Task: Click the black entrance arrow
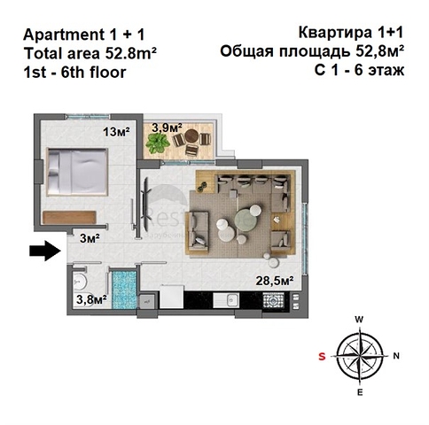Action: pos(45,251)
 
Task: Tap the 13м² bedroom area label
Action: pos(116,131)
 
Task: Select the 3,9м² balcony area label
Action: pos(167,127)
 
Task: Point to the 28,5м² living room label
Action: pos(275,281)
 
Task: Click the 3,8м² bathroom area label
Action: pos(91,299)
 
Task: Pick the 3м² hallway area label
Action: pos(90,238)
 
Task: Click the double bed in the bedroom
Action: pos(77,172)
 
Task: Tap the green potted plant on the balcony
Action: pos(158,143)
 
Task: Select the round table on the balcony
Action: pos(192,136)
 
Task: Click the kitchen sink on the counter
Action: pos(230,300)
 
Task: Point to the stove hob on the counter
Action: pos(273,301)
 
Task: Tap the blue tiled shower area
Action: pos(125,290)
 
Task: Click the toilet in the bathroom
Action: pos(79,282)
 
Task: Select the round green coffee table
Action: pos(245,220)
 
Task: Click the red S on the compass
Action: pos(322,357)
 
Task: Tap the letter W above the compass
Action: pos(359,320)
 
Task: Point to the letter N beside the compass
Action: pos(396,356)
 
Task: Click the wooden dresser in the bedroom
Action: pos(69,217)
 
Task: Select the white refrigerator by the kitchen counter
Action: pos(171,297)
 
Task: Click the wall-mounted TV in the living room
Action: pos(146,205)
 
